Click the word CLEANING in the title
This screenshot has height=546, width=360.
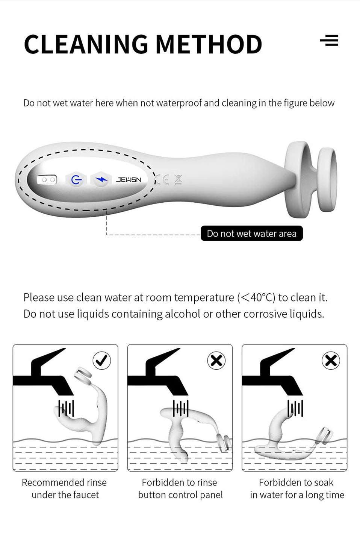click(86, 44)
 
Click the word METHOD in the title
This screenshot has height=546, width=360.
click(209, 44)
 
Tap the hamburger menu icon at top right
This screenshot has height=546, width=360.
click(329, 40)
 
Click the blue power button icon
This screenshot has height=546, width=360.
click(76, 180)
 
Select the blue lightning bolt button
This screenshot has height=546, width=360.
click(101, 180)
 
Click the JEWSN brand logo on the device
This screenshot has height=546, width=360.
click(129, 180)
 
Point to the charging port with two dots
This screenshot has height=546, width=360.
click(47, 180)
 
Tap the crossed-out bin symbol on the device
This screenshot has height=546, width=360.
click(178, 180)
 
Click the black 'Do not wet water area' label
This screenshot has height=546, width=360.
click(251, 234)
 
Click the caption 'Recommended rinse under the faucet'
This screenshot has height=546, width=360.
click(65, 488)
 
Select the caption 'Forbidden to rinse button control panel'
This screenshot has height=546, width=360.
click(180, 488)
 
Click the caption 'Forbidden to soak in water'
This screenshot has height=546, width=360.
click(296, 488)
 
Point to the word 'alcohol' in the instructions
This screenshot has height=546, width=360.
click(182, 314)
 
